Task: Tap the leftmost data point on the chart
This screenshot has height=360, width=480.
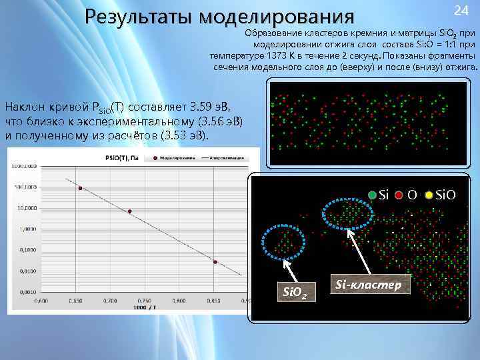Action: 80,189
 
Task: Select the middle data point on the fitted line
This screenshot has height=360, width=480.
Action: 130,212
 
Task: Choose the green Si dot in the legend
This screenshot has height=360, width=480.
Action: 372,195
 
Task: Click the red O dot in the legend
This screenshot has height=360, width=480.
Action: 398,195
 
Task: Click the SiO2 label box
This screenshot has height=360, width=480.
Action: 295,291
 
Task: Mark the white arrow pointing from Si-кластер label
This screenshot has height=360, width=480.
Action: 360,253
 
